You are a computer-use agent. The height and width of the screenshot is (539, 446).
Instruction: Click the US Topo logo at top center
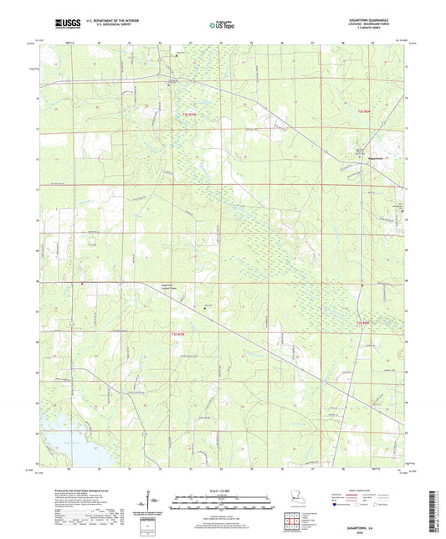[x=217, y=26]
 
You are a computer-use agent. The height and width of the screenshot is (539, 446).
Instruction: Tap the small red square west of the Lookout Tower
[x=81, y=283]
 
